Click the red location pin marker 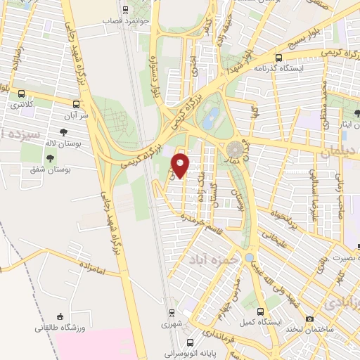pos(181,165)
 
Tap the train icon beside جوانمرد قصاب pos(126,10)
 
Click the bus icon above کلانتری pos(21,94)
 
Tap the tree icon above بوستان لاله pos(64,132)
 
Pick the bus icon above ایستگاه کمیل pos(261,311)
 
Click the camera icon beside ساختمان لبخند pos(309,320)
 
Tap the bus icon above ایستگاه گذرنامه pos(279,58)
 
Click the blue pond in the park pos(210,119)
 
